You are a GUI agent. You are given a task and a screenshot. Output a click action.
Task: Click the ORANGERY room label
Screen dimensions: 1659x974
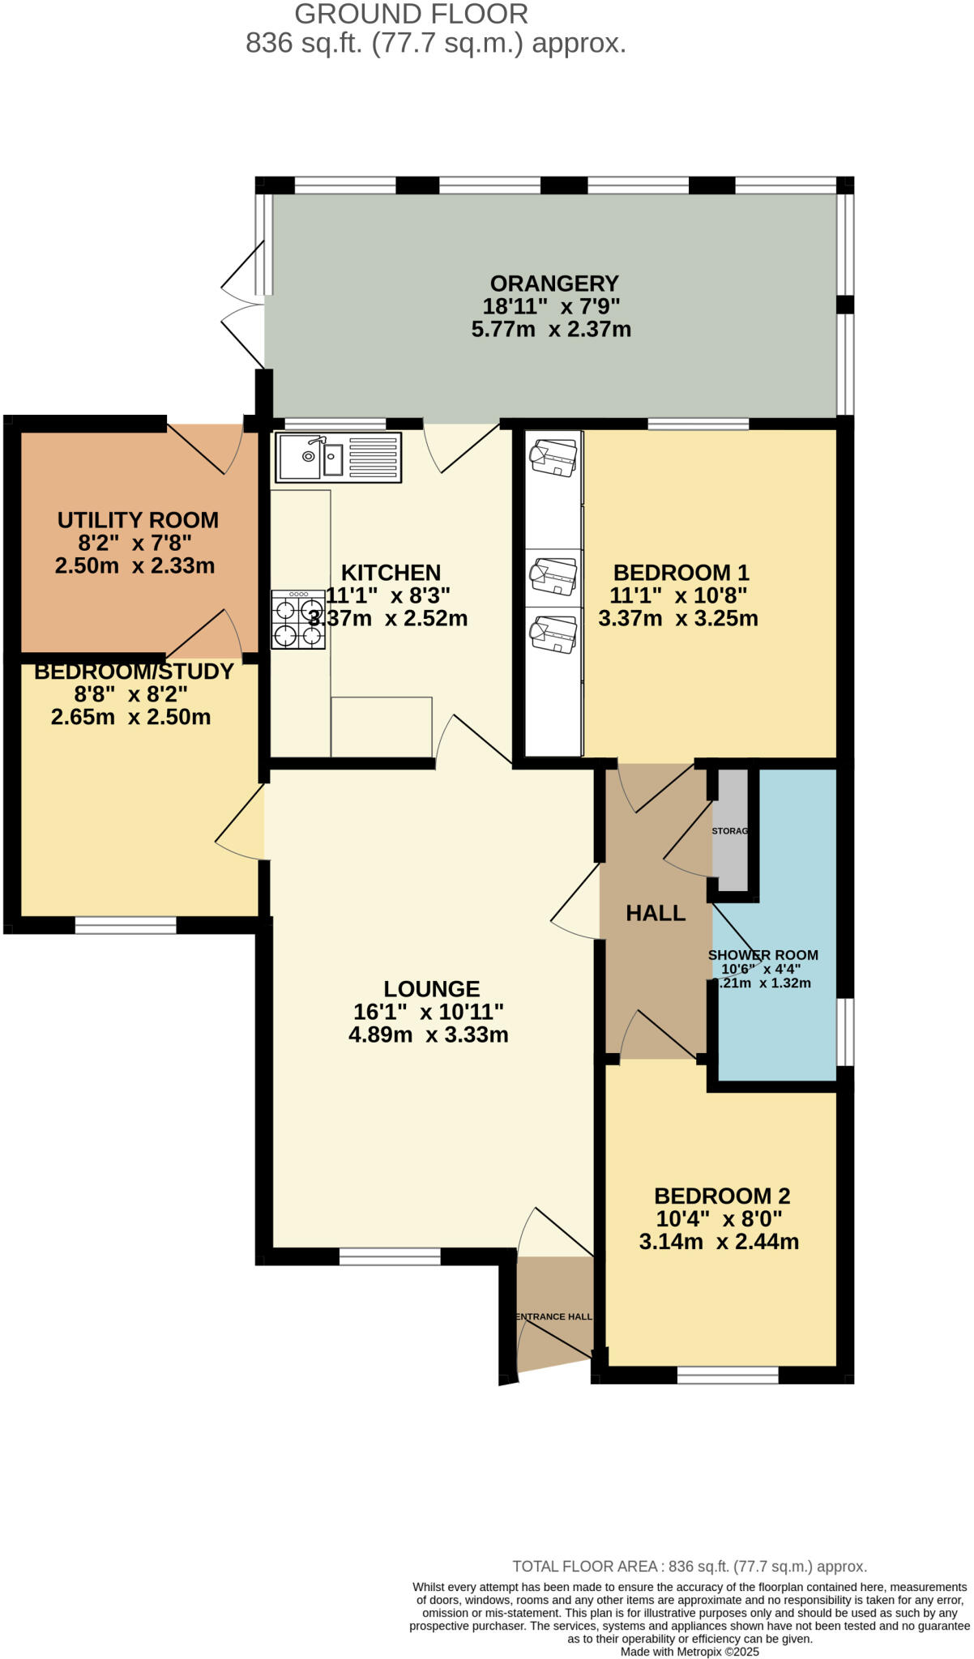(x=554, y=284)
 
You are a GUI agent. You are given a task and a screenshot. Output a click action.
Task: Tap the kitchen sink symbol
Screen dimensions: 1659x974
(x=339, y=458)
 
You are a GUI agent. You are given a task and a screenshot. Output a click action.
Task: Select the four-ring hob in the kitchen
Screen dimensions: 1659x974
(x=298, y=621)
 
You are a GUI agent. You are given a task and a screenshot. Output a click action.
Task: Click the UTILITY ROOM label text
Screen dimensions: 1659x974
(x=138, y=520)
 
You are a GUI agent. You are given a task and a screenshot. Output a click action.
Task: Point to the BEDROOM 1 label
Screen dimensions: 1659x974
(x=681, y=573)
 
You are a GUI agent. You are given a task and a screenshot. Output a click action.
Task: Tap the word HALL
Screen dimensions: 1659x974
(x=656, y=914)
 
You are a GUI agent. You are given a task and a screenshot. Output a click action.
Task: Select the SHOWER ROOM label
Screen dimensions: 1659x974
(x=763, y=955)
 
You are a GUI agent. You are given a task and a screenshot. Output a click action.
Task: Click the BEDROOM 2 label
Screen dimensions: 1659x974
(x=721, y=1196)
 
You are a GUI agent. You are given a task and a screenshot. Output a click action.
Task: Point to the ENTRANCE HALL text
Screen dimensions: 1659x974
(x=555, y=1316)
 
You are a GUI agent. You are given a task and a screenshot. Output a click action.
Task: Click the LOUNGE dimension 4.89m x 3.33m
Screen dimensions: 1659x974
(x=429, y=1034)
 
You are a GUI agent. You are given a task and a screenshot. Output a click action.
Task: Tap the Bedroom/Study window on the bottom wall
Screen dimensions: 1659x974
(x=126, y=925)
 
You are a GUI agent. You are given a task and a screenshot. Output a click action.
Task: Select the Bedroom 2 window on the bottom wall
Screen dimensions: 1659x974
(x=728, y=1375)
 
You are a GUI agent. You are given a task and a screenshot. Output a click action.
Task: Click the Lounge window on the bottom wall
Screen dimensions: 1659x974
(x=390, y=1256)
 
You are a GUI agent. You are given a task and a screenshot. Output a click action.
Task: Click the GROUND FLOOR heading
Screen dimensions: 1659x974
(x=411, y=14)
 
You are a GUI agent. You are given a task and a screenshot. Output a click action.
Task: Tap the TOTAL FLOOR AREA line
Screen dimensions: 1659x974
(x=690, y=1567)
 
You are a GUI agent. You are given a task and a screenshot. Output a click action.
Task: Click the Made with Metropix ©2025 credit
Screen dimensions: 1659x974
(x=690, y=1652)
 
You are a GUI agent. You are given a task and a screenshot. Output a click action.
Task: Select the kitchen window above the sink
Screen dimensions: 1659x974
(x=335, y=423)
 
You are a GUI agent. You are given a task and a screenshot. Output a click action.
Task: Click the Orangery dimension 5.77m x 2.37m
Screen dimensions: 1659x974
(x=551, y=330)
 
